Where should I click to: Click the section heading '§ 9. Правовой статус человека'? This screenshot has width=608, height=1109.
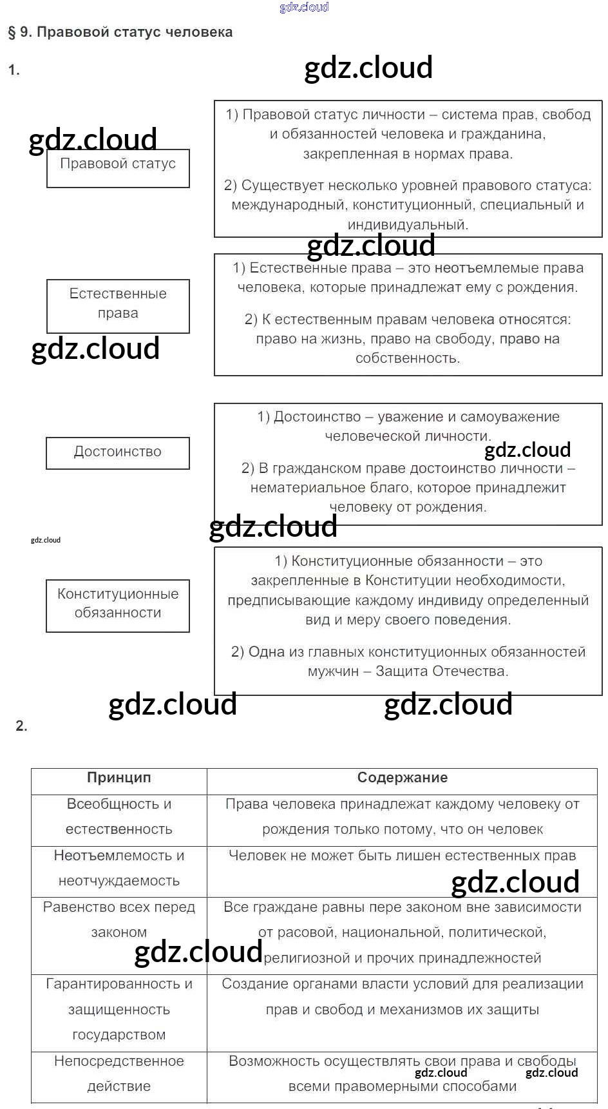tap(120, 32)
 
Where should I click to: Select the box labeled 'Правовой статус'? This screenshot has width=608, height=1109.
tap(118, 168)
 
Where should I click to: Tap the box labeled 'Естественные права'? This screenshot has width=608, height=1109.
tap(118, 305)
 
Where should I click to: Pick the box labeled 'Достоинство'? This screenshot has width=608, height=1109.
tap(118, 452)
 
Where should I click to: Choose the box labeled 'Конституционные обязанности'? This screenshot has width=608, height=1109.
tap(118, 605)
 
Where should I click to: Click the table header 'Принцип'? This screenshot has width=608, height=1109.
tap(119, 778)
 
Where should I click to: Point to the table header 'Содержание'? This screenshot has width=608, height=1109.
tap(402, 778)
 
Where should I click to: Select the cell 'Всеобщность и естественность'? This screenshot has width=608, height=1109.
tap(119, 817)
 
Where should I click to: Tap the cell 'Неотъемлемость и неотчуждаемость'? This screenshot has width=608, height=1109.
tap(119, 869)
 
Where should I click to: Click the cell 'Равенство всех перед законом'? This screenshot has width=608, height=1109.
tap(119, 920)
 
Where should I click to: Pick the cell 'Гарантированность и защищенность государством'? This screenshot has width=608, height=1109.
tap(119, 1009)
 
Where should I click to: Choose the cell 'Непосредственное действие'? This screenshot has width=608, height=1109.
tap(119, 1074)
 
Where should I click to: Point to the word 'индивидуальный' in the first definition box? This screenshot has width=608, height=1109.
tap(408, 225)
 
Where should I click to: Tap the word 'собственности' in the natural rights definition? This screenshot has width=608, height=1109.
tap(408, 359)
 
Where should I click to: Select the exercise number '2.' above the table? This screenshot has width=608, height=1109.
tap(21, 726)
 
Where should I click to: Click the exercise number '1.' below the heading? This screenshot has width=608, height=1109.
tap(14, 70)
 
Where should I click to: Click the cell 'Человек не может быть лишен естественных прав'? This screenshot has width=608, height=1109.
tap(402, 856)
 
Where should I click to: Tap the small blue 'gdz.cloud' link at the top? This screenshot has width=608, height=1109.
tap(304, 7)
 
